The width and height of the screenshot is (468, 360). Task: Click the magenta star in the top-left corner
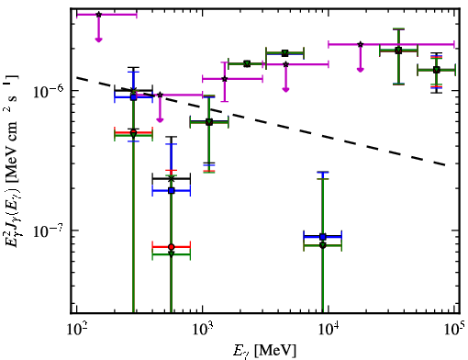point(98,15)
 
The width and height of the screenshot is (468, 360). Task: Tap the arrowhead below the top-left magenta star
point(98,39)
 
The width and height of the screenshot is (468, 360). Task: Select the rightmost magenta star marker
point(361,44)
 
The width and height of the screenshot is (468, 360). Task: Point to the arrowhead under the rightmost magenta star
point(361,70)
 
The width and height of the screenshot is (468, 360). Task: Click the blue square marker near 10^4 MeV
point(322,237)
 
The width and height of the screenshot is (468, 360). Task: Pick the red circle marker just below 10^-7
point(172,247)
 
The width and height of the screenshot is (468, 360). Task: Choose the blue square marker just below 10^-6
point(133,97)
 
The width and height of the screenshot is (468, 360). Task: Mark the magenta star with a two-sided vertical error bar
point(225,79)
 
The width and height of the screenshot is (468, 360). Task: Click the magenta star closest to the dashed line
point(160,95)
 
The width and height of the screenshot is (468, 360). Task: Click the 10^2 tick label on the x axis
point(77,331)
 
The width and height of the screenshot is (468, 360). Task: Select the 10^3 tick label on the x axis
point(203,331)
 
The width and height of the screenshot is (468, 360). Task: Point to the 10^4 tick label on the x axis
point(329,331)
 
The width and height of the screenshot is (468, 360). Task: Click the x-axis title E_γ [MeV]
point(265,351)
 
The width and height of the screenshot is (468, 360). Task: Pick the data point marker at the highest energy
point(437,70)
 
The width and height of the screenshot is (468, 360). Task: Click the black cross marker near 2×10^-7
point(172,178)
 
